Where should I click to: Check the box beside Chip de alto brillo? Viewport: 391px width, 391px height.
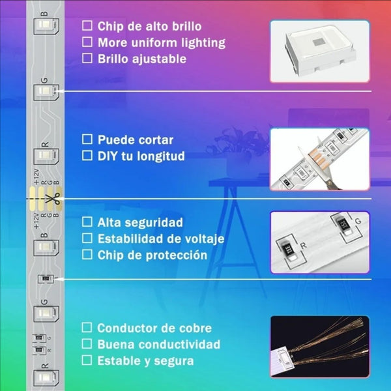[x=87, y=25]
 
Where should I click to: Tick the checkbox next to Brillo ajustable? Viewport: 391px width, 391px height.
[x=87, y=59]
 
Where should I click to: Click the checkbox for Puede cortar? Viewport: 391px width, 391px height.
[x=87, y=139]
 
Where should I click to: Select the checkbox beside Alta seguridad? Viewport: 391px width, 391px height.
[x=87, y=222]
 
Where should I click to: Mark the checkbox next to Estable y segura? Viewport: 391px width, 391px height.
[x=87, y=360]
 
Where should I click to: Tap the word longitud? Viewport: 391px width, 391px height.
[x=161, y=156]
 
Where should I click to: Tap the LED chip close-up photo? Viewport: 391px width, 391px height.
[x=320, y=51]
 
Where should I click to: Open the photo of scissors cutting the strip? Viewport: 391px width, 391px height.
[x=320, y=160]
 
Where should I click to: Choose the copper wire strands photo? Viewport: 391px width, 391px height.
[x=320, y=347]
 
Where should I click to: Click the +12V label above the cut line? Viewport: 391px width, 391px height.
[x=36, y=177]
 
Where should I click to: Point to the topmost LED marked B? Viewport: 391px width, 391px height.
[x=46, y=26]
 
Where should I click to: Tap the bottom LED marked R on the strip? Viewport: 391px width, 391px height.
[x=46, y=378]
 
